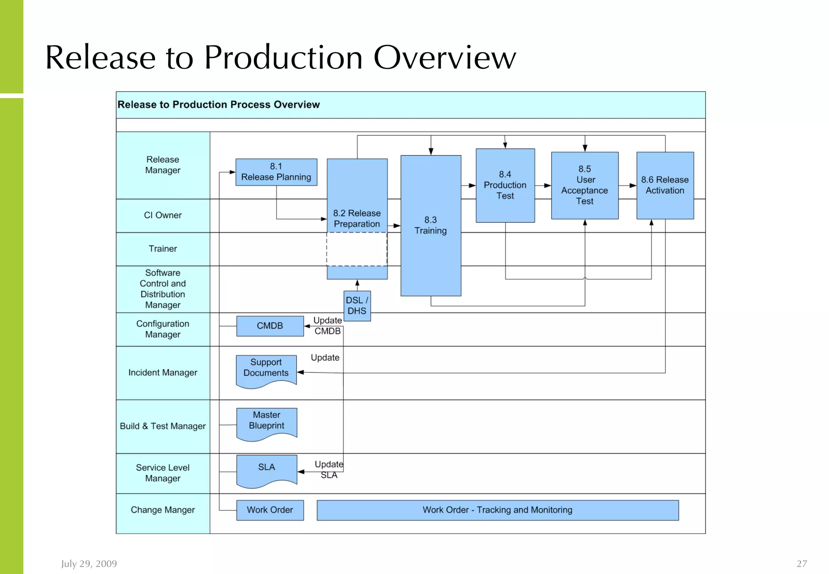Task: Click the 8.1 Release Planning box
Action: (x=276, y=172)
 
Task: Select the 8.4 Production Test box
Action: (x=505, y=185)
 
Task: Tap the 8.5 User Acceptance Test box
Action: (x=585, y=185)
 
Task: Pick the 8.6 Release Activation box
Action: (x=665, y=185)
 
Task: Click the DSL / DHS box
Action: (x=357, y=306)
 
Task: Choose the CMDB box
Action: (x=270, y=326)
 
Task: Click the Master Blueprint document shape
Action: (x=266, y=422)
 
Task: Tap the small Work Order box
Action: (x=270, y=510)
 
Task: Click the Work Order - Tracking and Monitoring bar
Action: (x=497, y=510)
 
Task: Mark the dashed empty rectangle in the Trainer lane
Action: (x=357, y=249)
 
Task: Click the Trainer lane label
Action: (x=163, y=249)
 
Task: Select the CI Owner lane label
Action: (x=163, y=215)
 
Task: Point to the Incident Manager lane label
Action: (x=163, y=372)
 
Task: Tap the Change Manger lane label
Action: (x=163, y=510)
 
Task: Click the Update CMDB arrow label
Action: (x=327, y=326)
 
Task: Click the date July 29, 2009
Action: (x=89, y=563)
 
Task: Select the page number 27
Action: (x=801, y=563)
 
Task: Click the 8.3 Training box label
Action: (x=430, y=225)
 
